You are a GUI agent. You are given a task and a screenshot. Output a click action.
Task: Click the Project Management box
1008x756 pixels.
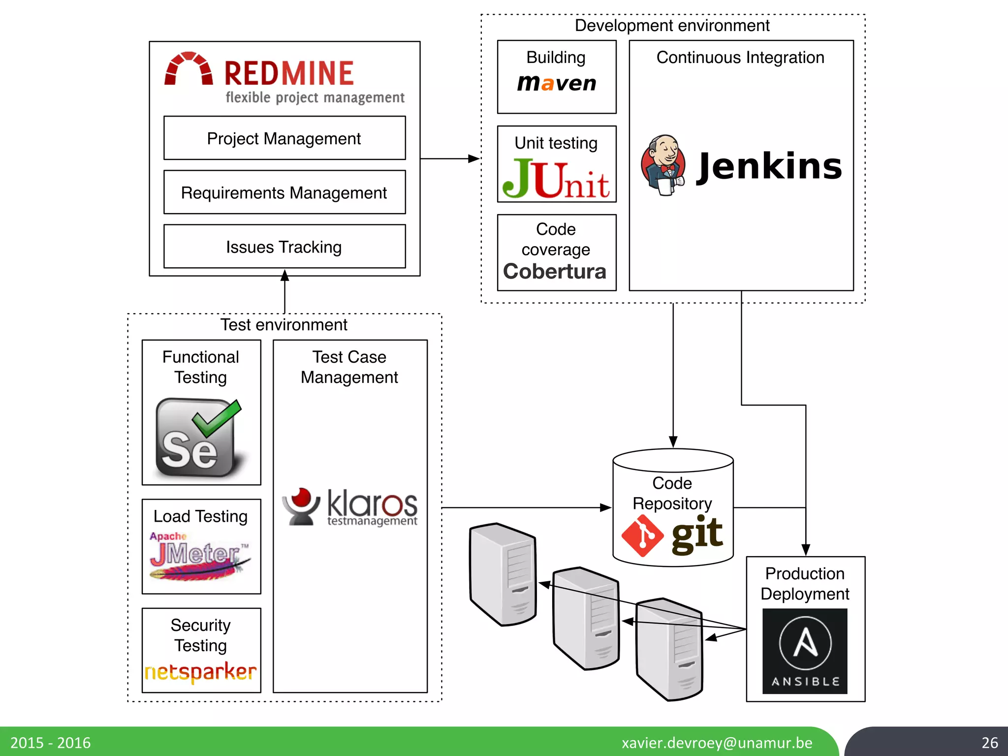[x=284, y=138]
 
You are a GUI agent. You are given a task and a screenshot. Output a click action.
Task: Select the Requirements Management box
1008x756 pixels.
[x=284, y=192]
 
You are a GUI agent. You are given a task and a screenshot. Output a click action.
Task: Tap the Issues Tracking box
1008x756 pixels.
[x=284, y=247]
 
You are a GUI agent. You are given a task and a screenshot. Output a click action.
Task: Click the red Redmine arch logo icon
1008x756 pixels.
[x=189, y=69]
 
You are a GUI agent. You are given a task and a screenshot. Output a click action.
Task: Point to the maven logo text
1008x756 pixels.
[x=557, y=83]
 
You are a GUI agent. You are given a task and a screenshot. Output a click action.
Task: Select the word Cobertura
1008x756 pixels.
[x=555, y=272]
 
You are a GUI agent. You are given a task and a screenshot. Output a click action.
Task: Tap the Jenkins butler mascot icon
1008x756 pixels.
[x=663, y=165]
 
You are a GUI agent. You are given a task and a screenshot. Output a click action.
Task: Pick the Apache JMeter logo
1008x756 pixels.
[x=200, y=556]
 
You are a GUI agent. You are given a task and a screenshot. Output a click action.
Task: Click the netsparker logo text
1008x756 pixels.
[x=201, y=672]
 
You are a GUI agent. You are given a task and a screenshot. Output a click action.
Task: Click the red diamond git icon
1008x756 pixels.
[x=642, y=536]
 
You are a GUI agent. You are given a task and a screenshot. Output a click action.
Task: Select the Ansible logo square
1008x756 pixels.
[x=805, y=651]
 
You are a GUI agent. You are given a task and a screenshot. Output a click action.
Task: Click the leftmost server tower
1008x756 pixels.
[x=503, y=574]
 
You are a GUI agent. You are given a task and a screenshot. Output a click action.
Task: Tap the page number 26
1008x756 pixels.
[x=989, y=743]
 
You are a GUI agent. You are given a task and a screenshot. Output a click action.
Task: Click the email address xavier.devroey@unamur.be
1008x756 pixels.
[x=717, y=743]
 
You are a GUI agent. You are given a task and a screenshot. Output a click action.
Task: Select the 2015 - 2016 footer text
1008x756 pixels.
[x=51, y=743]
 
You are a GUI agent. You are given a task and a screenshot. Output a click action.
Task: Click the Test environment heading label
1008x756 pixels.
[x=283, y=325]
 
